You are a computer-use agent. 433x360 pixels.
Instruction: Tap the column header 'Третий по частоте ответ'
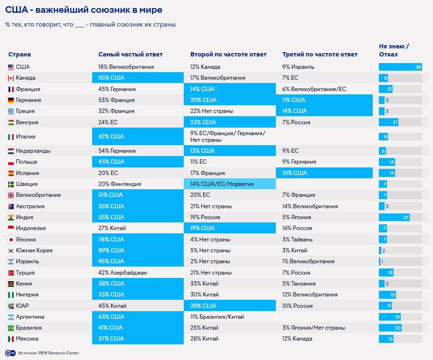click(320, 55)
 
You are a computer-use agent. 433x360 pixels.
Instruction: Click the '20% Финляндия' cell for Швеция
click(120, 184)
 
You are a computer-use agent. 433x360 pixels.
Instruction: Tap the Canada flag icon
click(11, 78)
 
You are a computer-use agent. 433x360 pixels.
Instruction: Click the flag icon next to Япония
click(11, 240)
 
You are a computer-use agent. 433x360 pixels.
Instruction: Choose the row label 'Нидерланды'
click(33, 151)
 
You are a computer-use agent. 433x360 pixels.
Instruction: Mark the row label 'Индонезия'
click(31, 228)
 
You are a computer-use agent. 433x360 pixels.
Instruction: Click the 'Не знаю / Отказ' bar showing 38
click(400, 67)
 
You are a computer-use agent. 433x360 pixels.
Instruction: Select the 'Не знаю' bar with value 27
click(394, 217)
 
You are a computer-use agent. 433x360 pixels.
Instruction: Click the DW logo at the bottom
click(9, 353)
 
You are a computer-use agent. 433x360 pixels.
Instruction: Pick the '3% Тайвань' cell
click(298, 240)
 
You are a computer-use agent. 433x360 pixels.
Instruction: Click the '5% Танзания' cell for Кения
click(299, 284)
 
